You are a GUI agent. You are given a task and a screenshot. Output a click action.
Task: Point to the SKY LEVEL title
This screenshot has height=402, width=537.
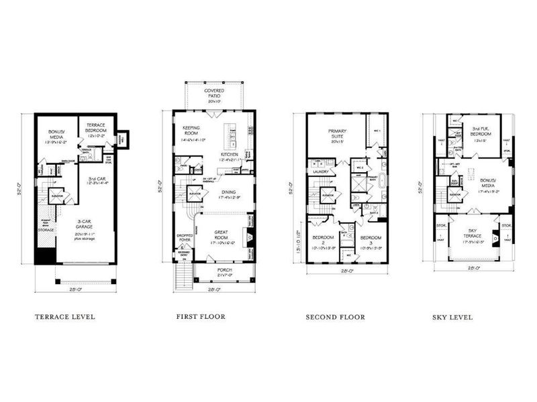pos(452,317)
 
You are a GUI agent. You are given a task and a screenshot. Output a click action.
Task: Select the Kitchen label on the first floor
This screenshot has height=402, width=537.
pos(230,155)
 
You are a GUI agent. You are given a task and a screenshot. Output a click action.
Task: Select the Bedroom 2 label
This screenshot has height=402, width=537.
pos(323,241)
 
